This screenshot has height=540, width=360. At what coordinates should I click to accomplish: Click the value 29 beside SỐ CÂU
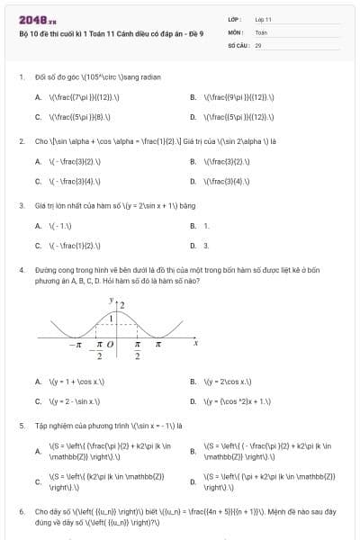258,43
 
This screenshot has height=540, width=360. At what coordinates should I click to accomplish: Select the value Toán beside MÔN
260,31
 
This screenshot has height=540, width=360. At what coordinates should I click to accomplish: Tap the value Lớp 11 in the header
263,18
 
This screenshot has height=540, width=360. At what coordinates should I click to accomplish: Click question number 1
21,78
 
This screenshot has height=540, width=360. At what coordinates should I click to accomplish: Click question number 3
21,205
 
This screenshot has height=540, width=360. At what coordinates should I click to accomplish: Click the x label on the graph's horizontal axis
194,343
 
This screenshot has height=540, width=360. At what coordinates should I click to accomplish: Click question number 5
21,425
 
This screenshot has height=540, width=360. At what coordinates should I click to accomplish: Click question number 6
21,511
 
